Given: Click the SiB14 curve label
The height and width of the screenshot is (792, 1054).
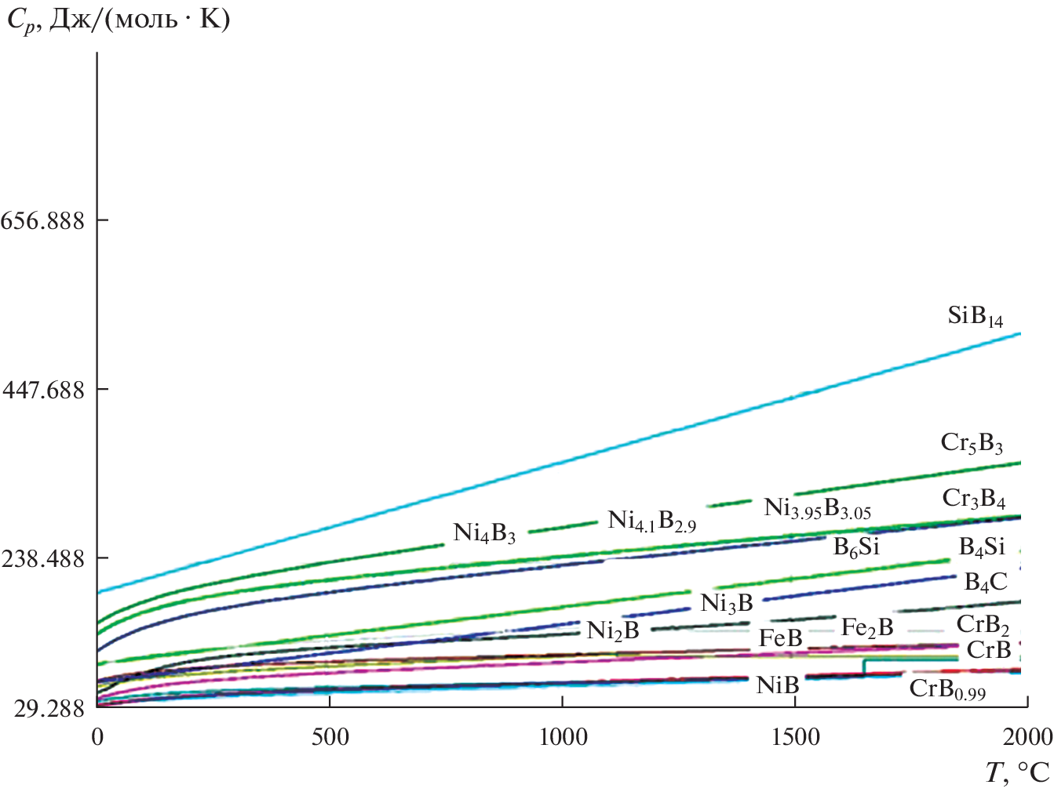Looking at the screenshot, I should pos(975,317).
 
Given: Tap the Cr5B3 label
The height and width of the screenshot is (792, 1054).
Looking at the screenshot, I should pos(972,444).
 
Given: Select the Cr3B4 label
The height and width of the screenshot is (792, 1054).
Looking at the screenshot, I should pos(973,500).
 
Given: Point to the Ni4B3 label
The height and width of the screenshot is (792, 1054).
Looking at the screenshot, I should pos(484,534).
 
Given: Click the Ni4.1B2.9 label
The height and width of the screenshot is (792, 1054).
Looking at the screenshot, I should pos(651,521).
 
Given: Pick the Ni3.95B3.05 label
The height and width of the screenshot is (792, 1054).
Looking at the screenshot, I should pos(817,509).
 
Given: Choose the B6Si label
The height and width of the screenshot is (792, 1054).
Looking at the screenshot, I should pos(856,547).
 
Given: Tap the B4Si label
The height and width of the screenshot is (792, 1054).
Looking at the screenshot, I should pos(982,547).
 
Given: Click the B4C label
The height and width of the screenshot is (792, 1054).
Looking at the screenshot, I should pos(985,582).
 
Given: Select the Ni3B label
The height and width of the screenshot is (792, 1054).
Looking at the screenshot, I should pos(727,603).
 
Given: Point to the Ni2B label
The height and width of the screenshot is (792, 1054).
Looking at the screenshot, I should pos(613,630).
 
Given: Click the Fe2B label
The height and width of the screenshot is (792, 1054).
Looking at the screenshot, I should pos(867,627).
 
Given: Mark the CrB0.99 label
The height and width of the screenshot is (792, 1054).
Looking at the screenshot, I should pos(947,690).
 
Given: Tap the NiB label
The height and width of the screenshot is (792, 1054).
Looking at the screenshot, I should pos(777,685).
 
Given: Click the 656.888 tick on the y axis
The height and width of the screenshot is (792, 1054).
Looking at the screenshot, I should pos(42,220).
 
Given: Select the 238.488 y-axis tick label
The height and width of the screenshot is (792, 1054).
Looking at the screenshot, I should pos(42,559).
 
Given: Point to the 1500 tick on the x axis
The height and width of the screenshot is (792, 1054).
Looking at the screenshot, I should pos(796,737).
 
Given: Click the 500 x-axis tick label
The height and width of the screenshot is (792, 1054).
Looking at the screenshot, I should pos(330,737).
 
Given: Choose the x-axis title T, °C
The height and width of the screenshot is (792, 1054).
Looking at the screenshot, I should pos(1016,773).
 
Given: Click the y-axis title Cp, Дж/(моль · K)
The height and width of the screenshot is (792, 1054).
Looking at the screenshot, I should pos(118,20).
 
